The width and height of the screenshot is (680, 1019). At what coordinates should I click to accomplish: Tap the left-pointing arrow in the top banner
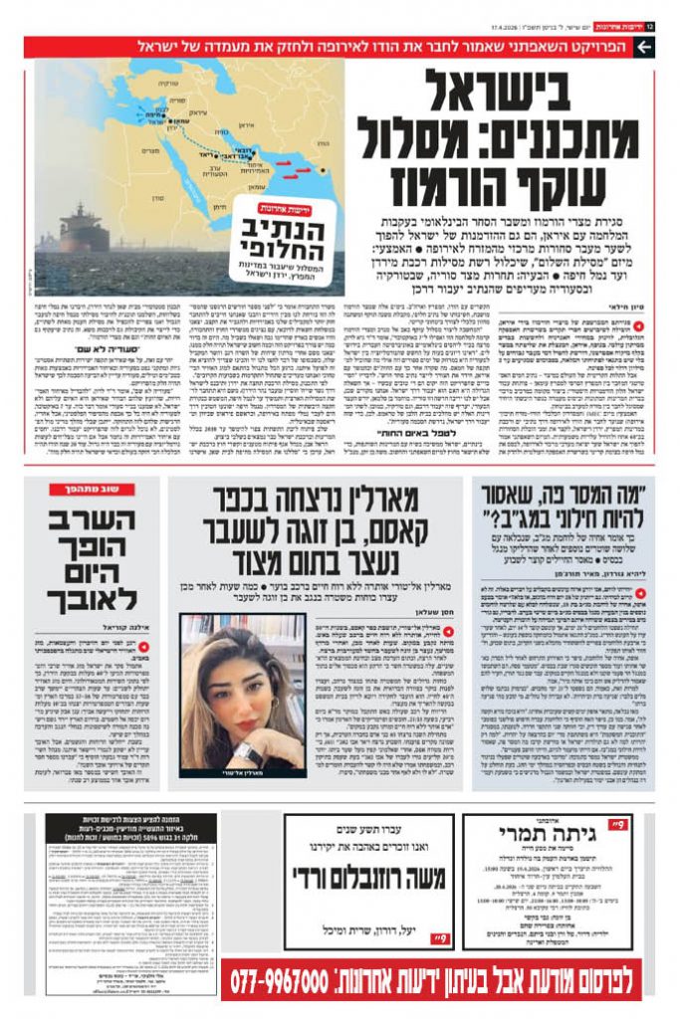644,47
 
